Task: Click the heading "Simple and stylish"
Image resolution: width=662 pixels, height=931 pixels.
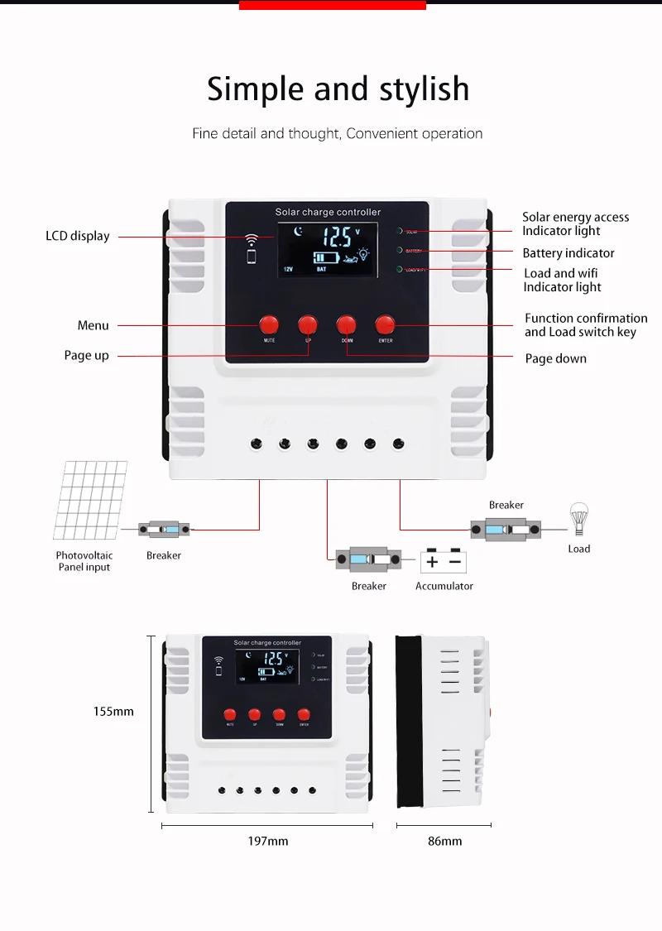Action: [338, 89]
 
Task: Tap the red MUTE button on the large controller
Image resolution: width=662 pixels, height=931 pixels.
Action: [269, 324]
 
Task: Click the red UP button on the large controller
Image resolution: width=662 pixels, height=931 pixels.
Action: [308, 324]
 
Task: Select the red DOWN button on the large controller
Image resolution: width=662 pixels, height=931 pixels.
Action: [347, 324]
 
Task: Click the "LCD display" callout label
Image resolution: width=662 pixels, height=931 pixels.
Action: [77, 236]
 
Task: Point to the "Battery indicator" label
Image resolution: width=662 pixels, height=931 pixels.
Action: [568, 253]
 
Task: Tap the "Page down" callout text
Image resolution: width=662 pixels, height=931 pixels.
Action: [555, 358]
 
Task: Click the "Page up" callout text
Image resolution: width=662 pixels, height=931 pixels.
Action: [86, 355]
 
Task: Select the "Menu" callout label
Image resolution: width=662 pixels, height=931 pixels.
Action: [93, 325]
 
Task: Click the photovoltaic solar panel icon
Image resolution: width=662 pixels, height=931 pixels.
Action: [91, 500]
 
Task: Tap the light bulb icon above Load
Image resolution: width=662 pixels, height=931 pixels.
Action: [578, 519]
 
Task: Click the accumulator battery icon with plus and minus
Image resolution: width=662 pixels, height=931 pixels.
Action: [444, 562]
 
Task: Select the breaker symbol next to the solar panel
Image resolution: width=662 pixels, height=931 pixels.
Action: [164, 528]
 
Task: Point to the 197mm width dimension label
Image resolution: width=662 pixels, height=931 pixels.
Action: [268, 841]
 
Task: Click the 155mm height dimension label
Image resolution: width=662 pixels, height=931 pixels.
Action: [113, 711]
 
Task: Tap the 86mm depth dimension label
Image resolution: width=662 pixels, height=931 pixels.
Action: [444, 841]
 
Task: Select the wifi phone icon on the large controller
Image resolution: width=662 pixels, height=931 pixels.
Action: [251, 248]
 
